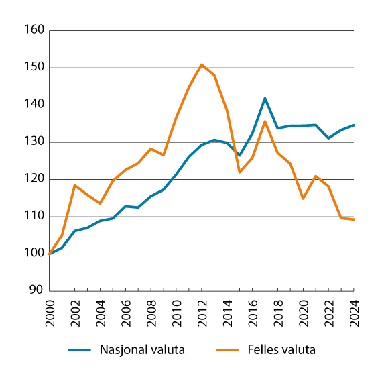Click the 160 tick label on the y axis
(x=35, y=30)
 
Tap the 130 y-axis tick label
(x=35, y=142)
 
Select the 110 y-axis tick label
(x=35, y=216)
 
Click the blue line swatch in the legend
(x=80, y=349)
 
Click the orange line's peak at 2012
(x=201, y=64)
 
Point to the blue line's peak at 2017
(x=265, y=99)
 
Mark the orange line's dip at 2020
(x=302, y=198)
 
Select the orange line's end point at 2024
(x=352, y=219)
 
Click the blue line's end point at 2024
(x=352, y=125)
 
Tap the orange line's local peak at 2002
(x=76, y=185)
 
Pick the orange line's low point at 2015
(x=239, y=172)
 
